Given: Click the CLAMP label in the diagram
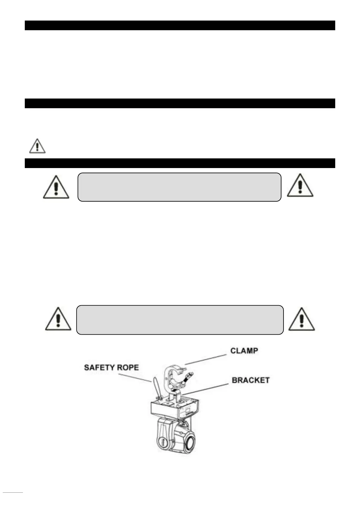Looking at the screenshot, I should (244, 351).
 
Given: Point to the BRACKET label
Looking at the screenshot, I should (251, 380).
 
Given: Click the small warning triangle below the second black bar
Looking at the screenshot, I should (37, 146).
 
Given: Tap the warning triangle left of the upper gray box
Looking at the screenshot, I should (56, 187).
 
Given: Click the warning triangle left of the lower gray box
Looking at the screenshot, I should (58, 319).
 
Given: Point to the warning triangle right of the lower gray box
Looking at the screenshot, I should (301, 319).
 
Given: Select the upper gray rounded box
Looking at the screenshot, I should (179, 187).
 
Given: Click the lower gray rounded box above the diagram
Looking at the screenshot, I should (180, 320).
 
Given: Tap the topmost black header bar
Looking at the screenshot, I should (180, 25).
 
